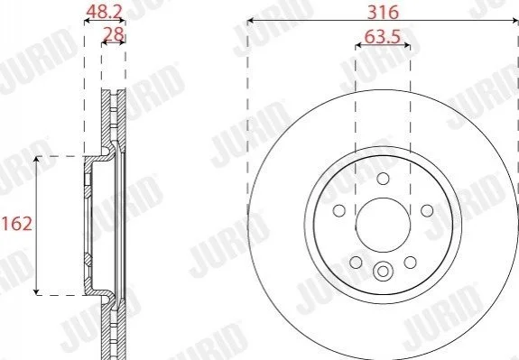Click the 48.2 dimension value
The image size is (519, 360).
(105, 12)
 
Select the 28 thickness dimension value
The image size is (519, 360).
(114, 34)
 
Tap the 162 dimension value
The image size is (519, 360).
(16, 224)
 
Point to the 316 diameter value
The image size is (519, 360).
(384, 13)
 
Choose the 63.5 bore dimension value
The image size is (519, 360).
(383, 36)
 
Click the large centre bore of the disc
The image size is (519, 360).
(383, 225)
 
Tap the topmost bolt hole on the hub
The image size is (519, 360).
(383, 179)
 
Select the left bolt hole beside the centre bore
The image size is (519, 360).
(339, 210)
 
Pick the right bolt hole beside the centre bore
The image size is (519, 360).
(427, 210)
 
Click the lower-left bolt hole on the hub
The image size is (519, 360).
(356, 263)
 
